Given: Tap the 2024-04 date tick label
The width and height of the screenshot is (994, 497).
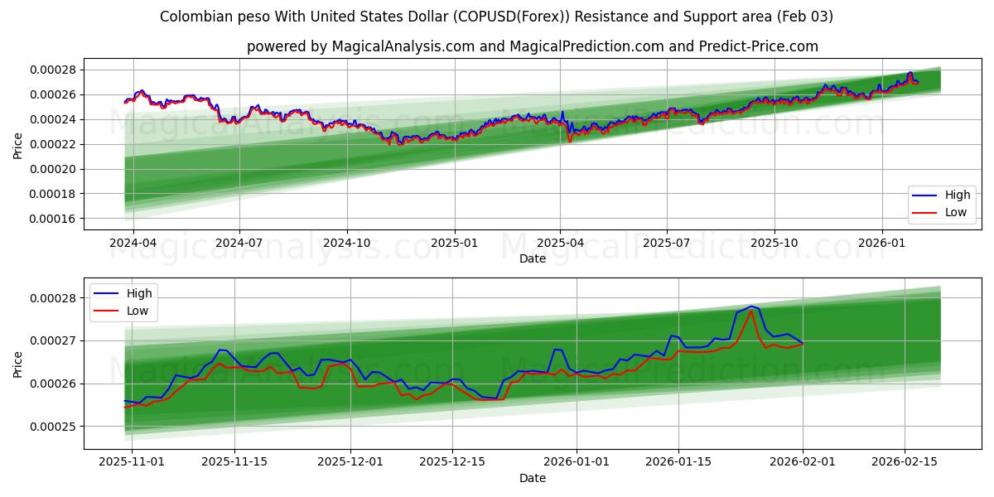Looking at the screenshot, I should point(133,244).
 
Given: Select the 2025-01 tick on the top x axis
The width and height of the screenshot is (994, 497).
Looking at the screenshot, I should point(454,244).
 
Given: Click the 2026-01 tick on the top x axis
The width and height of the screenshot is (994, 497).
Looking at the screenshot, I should point(881,244).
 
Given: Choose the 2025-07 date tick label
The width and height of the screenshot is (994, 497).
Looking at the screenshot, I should point(667,244).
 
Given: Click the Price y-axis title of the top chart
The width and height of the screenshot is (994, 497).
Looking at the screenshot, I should point(18,144).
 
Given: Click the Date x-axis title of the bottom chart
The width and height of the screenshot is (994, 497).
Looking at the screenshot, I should point(532,478).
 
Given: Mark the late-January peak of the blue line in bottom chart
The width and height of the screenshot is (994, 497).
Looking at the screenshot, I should point(751,306).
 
